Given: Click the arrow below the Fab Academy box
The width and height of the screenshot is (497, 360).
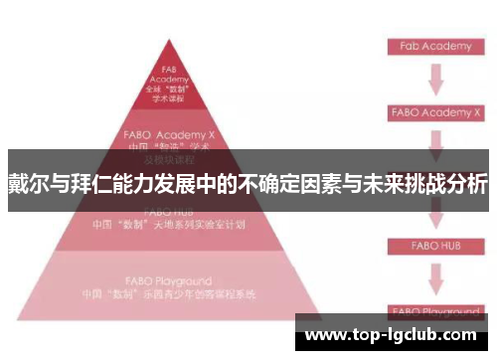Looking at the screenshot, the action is tap(434, 79).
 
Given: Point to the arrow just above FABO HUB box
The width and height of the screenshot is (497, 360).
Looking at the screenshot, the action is tap(434, 214).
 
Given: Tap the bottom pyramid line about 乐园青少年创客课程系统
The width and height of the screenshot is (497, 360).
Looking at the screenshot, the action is tap(179, 294).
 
